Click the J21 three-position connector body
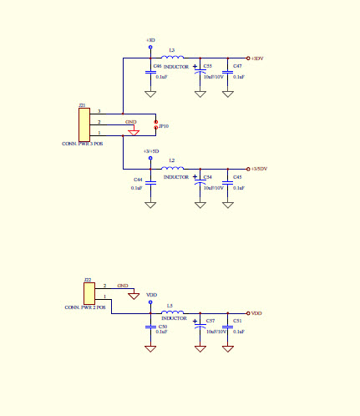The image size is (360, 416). (x=84, y=124)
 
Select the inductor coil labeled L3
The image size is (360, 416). (x=173, y=58)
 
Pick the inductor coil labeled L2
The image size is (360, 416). (x=173, y=169)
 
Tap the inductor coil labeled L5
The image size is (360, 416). (x=173, y=313)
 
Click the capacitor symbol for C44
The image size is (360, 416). (x=150, y=182)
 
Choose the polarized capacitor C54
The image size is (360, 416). (x=200, y=182)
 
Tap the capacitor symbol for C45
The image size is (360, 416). (x=227, y=182)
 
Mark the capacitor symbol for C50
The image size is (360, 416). (x=150, y=327)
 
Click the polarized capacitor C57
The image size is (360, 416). (x=200, y=327)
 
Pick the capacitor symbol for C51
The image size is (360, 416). (x=227, y=327)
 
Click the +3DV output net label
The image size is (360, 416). (x=257, y=58)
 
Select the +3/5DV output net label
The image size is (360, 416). (x=259, y=170)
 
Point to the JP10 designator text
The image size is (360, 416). (x=164, y=126)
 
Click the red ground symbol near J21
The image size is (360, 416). (x=133, y=130)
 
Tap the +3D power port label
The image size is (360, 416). (x=150, y=40)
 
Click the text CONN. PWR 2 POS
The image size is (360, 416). (x=86, y=308)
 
